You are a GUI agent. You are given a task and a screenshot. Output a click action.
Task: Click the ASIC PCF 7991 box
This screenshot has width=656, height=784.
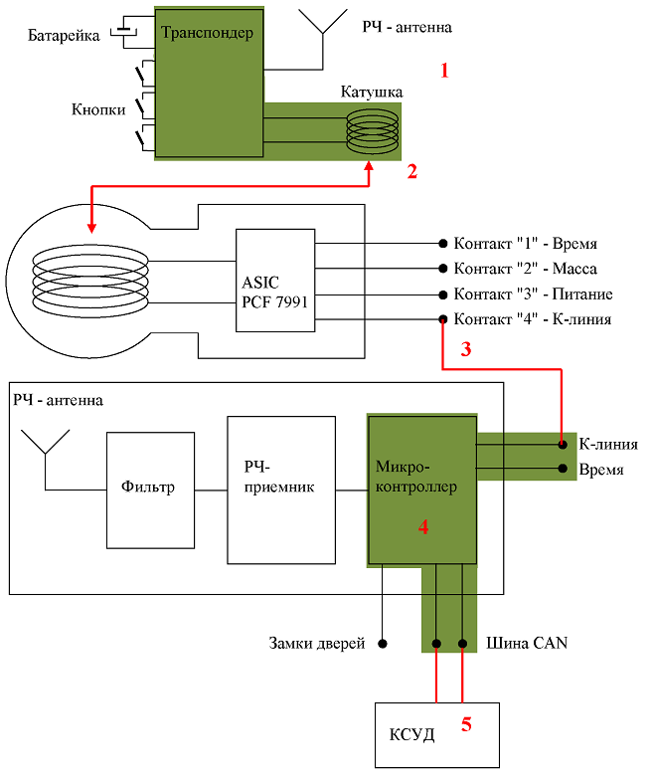[275, 281]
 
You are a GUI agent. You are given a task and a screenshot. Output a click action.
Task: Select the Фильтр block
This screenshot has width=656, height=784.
[150, 490]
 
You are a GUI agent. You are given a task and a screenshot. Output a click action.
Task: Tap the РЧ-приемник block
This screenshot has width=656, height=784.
[281, 490]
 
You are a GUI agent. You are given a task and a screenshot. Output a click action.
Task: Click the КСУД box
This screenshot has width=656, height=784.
[437, 735]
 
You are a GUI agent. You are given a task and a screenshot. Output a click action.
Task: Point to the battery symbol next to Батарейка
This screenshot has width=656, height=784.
[123, 31]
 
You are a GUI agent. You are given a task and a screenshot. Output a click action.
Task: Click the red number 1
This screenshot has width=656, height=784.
[444, 71]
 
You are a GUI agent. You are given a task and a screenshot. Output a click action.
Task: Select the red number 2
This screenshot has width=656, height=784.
[412, 171]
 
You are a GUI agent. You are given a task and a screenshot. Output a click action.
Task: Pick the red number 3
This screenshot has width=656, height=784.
[465, 349]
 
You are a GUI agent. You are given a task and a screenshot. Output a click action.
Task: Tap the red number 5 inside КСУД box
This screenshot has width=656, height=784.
[466, 724]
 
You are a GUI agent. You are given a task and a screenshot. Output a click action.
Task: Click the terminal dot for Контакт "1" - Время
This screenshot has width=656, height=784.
[442, 244]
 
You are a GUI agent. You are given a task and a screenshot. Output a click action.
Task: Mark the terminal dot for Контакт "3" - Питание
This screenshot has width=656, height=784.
[442, 294]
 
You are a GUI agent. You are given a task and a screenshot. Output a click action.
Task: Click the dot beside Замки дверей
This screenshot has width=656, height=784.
[383, 644]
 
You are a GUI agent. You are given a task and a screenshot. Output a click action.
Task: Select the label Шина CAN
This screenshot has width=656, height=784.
[527, 643]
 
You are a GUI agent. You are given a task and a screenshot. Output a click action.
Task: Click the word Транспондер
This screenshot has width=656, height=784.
[207, 33]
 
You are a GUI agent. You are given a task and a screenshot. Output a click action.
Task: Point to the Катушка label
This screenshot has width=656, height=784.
[372, 92]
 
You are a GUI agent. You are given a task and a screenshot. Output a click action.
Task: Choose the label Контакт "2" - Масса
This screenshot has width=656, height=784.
[525, 269]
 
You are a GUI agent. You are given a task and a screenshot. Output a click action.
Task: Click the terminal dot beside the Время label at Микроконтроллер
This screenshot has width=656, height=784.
[563, 469]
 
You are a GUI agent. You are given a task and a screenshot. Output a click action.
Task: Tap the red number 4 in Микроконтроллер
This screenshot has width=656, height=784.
[423, 527]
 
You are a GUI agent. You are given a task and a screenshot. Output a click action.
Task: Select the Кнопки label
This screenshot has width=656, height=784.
[98, 109]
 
